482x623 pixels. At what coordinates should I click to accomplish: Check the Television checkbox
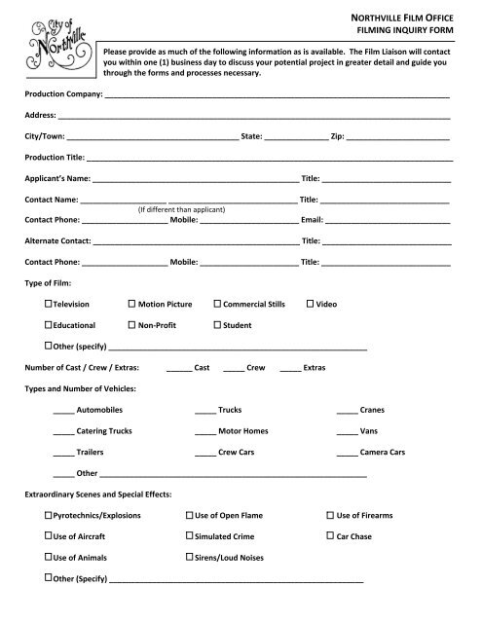pyautogui.click(x=48, y=305)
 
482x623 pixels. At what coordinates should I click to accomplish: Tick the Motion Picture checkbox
pyautogui.click(x=131, y=305)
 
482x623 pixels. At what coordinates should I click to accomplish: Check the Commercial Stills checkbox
pyautogui.click(x=217, y=305)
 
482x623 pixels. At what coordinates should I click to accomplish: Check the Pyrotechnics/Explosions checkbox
pyautogui.click(x=48, y=515)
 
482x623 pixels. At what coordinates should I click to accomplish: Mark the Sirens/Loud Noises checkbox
pyautogui.click(x=188, y=558)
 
